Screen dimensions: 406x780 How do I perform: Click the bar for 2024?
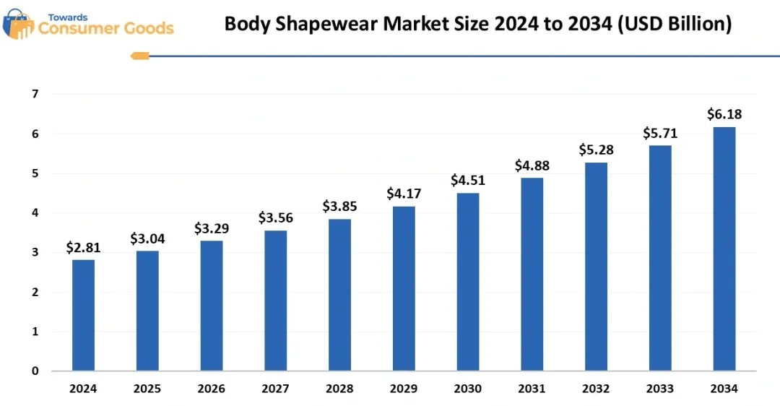[83, 315]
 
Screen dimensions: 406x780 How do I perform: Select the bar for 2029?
[404, 288]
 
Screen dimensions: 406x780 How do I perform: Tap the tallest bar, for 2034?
[724, 249]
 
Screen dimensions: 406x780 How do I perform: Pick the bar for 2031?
[532, 274]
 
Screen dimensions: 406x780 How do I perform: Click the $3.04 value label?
[147, 239]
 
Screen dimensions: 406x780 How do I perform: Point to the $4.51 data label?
[467, 181]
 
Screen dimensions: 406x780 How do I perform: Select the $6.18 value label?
[724, 114]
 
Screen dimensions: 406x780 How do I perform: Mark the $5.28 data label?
[596, 150]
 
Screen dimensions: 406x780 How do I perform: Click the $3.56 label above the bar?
[275, 218]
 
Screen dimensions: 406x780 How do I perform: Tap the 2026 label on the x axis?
[212, 389]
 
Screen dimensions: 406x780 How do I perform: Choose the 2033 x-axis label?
[660, 389]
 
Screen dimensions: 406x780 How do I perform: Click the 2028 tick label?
[339, 389]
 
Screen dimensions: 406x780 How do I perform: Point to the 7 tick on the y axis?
[35, 94]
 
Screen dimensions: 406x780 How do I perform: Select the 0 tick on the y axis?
[35, 371]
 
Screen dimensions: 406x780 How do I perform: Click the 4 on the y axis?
[35, 213]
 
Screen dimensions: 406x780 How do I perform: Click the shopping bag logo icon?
[18, 24]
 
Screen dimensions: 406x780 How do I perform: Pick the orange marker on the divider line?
[139, 56]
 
